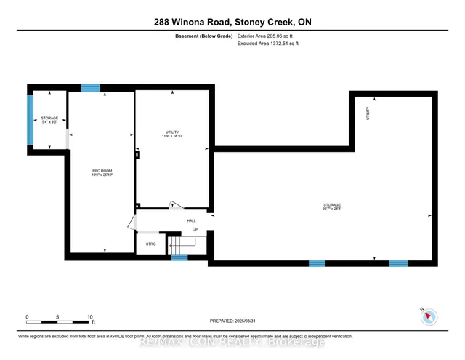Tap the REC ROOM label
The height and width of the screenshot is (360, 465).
click(x=101, y=171)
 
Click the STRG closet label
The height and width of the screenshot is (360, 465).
click(x=150, y=244)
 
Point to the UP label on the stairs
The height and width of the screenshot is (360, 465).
click(x=195, y=230)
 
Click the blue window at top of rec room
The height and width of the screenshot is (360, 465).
click(x=91, y=88)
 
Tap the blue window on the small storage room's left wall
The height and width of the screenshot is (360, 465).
click(x=31, y=120)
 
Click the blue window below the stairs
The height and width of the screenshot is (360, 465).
click(x=179, y=257)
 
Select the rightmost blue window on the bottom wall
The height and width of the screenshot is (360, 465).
click(x=398, y=263)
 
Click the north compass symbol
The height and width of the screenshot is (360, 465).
click(x=428, y=316)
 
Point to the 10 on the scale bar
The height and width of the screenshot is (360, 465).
click(x=90, y=318)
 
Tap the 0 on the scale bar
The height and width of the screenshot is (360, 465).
click(x=27, y=318)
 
